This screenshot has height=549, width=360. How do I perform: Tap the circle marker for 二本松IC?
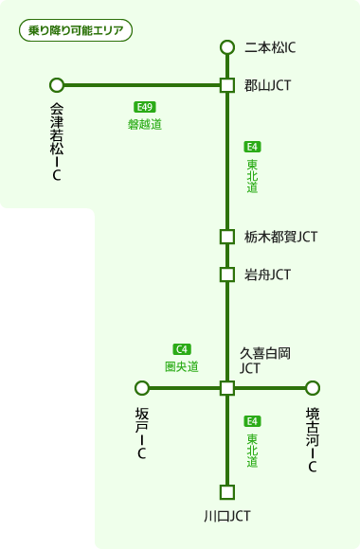click(226, 47)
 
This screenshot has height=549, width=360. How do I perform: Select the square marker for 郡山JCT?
click(226, 85)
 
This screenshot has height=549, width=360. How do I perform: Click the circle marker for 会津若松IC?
click(57, 85)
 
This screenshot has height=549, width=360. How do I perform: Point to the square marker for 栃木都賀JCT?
click(226, 237)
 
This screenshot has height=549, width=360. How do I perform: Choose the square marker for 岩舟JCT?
click(226, 274)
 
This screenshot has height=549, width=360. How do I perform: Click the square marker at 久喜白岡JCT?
click(226, 387)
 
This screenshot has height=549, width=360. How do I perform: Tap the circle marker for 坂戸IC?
click(142, 387)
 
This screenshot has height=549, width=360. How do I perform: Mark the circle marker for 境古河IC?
click(313, 387)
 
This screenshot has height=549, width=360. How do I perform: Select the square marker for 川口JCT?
click(226, 492)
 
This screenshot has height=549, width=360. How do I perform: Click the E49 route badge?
click(144, 107)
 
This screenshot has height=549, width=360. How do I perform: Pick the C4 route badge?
click(182, 349)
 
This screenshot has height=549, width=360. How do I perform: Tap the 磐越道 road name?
click(145, 124)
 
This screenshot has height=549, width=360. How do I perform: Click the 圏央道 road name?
click(182, 366)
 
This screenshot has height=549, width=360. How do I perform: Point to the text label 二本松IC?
click(271, 47)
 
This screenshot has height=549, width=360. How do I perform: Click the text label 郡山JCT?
click(267, 85)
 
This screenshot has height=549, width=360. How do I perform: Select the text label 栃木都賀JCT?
click(280, 237)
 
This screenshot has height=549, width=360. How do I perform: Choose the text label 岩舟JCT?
click(267, 274)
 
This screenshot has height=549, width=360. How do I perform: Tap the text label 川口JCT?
click(226, 516)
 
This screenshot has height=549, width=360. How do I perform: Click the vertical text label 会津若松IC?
click(57, 141)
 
